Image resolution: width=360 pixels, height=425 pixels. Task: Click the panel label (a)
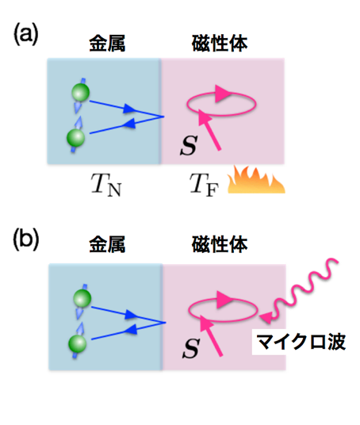coord(25,34)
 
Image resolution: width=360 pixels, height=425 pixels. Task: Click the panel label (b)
coord(26,239)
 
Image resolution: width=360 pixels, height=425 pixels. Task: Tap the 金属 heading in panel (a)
coord(107,44)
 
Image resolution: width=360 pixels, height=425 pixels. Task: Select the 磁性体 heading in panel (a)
coord(220,44)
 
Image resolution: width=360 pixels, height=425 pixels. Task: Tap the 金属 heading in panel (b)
coord(107,244)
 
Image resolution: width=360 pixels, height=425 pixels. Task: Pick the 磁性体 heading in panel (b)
coord(220,244)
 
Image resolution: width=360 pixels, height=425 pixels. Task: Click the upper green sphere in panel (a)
coord(81,93)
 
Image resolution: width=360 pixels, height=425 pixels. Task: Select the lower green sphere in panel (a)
coord(76,138)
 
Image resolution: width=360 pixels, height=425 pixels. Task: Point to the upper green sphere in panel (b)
coord(82,298)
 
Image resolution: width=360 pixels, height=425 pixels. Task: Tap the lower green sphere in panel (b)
coord(78,343)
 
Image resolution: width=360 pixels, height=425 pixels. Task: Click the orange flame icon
coord(256,179)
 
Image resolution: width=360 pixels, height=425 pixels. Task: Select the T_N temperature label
coord(106,184)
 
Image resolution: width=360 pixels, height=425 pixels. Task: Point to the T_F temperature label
coord(204,184)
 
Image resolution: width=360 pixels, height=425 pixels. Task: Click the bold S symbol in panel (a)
coord(189,145)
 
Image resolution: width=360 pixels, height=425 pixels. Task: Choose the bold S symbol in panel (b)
coord(191,348)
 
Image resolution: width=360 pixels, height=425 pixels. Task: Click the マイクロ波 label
coord(301,342)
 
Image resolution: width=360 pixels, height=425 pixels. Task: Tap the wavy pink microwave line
coord(304,289)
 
